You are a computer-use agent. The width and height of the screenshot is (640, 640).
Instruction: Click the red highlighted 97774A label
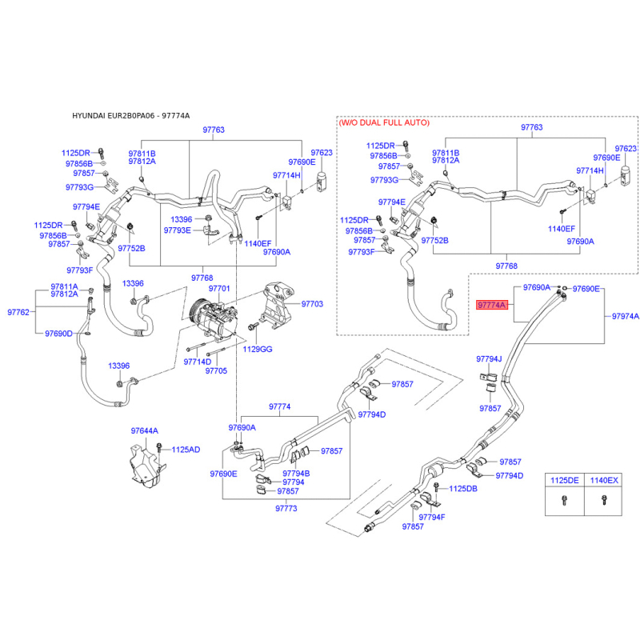tap(492, 305)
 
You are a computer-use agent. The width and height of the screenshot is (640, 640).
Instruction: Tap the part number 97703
tap(312, 304)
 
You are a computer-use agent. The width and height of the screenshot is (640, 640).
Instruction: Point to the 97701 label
tap(219, 289)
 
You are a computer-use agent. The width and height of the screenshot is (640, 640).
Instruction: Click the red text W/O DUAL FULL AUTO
tap(384, 122)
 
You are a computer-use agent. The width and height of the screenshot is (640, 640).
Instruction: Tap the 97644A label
tap(145, 430)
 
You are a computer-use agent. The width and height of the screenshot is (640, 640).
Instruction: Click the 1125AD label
tap(186, 450)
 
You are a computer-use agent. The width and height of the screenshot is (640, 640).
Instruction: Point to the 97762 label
tap(18, 312)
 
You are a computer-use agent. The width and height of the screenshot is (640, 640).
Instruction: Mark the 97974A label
tap(626, 316)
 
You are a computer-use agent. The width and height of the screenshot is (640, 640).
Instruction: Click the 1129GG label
tap(257, 349)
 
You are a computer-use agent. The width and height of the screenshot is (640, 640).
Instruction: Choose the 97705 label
tap(216, 370)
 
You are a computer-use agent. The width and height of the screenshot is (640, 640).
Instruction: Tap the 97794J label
tap(489, 358)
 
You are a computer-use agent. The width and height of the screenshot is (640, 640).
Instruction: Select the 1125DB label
tap(463, 489)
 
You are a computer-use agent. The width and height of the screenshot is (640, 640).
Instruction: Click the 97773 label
tap(286, 508)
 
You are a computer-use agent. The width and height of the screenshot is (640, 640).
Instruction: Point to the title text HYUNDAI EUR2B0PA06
tap(114, 115)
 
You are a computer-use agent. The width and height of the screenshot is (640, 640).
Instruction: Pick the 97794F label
tap(432, 517)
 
